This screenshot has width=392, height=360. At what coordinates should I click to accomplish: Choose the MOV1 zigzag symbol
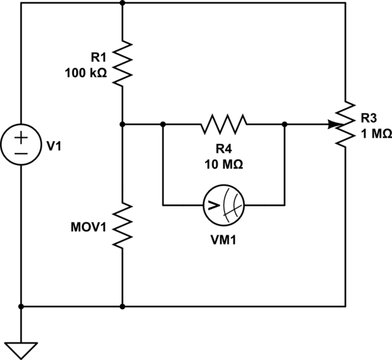[123, 225]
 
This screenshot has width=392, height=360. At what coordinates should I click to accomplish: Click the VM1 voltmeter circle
[224, 205]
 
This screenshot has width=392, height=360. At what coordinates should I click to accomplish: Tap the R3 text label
[368, 119]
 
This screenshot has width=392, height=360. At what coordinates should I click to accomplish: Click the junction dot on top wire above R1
[123, 3]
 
